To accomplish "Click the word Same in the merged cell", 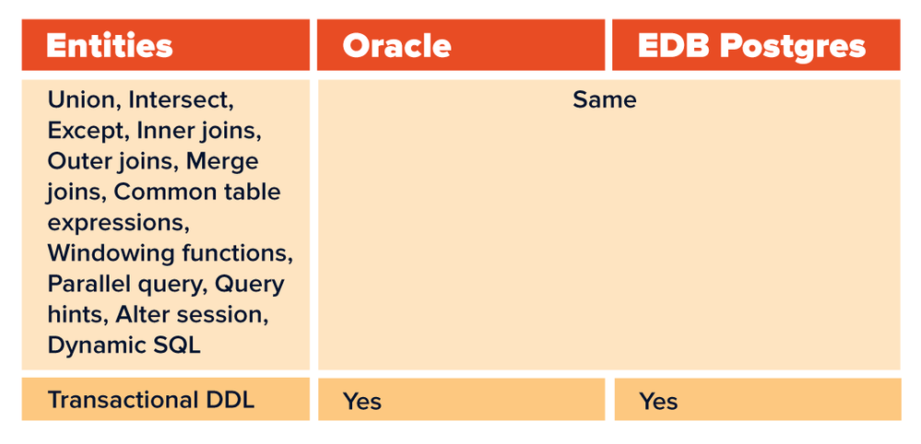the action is coord(605,99).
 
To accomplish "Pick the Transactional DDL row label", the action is coord(151,400).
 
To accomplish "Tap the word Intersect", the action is coord(181,100).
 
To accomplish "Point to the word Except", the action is coord(89,131).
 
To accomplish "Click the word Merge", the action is coord(222,161).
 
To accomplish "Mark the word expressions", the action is coord(118,224).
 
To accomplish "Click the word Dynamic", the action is coord(92,346).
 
